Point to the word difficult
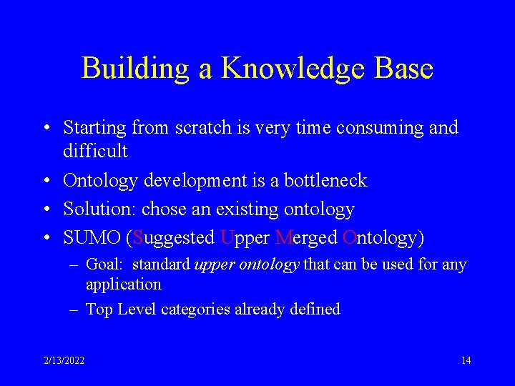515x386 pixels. tap(95, 151)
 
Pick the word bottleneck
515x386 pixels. tap(325, 180)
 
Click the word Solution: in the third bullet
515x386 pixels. tap(99, 209)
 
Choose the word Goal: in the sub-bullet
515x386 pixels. tap(106, 264)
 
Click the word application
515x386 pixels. tap(123, 284)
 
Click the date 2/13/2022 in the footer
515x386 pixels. tap(63, 360)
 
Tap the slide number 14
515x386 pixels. tap(466, 360)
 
